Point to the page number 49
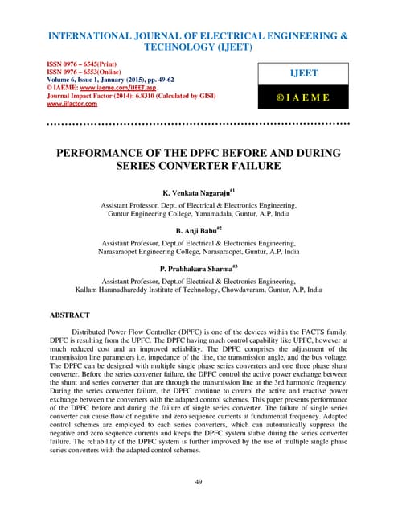click(x=199, y=481)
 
